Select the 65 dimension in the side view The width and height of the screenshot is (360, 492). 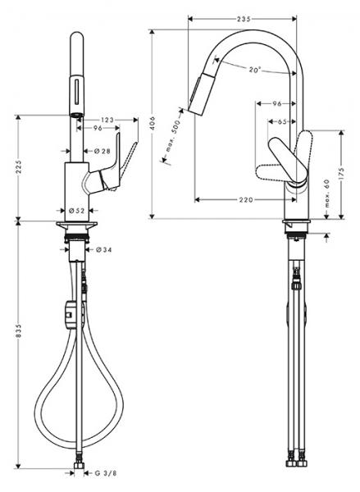tap(282, 121)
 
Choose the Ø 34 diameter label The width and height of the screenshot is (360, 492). tap(103, 249)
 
